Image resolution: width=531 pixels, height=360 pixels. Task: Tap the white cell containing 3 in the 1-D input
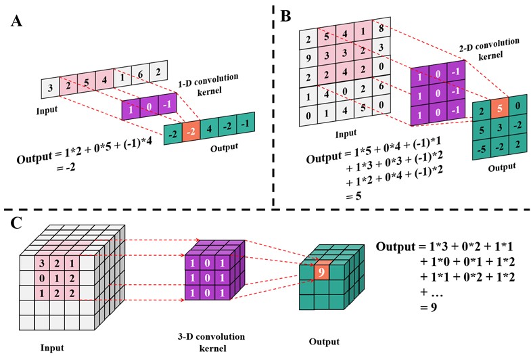[50, 87]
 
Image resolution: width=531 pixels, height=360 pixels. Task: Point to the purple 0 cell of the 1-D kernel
[149, 106]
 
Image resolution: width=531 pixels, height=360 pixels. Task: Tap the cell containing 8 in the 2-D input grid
[383, 28]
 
